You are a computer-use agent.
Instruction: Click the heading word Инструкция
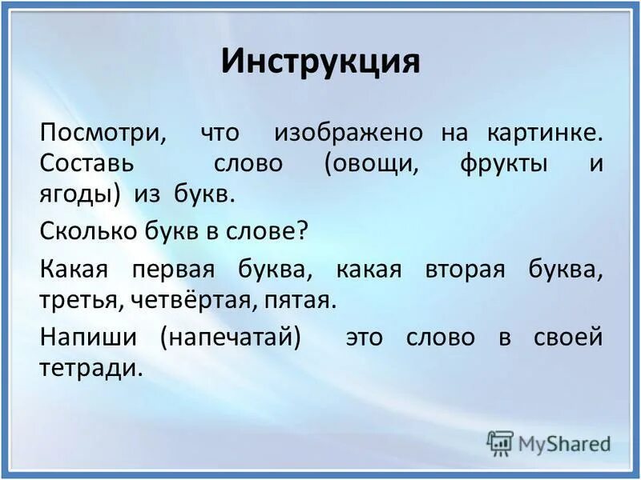(320, 62)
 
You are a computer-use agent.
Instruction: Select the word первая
(175, 269)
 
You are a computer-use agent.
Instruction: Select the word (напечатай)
(230, 337)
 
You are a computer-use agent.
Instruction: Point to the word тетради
(90, 367)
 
